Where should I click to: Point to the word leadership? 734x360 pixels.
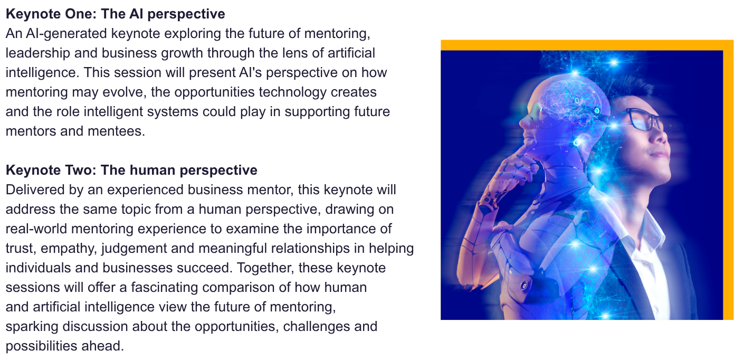37,53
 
